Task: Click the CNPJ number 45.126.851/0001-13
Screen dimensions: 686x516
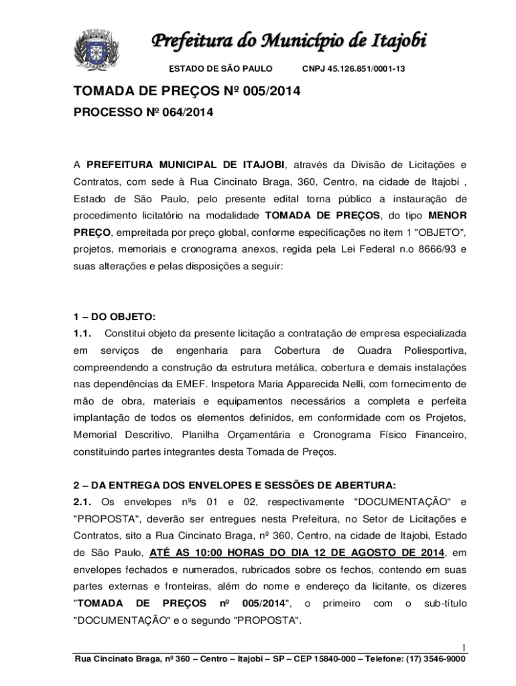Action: pyautogui.click(x=353, y=68)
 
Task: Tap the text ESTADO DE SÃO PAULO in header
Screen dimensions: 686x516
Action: pyautogui.click(x=220, y=68)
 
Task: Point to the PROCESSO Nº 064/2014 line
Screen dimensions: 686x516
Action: pyautogui.click(x=143, y=113)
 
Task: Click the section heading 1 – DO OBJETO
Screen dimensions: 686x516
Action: pyautogui.click(x=114, y=317)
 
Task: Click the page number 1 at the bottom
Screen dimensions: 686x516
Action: pyautogui.click(x=462, y=647)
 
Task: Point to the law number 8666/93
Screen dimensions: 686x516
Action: pyautogui.click(x=426, y=249)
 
